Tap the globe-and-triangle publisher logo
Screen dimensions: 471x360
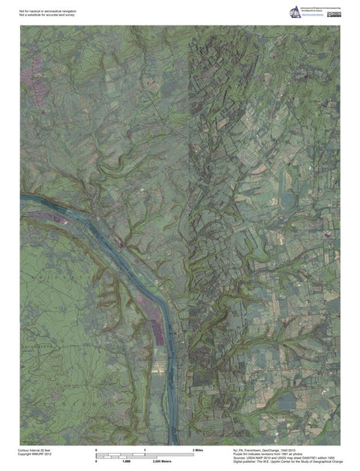coord(294,12)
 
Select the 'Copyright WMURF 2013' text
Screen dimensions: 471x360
coord(34,453)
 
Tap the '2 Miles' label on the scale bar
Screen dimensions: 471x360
coord(198,449)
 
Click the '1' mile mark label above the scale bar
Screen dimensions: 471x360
coord(144,449)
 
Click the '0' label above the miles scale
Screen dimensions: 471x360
coord(97,449)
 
